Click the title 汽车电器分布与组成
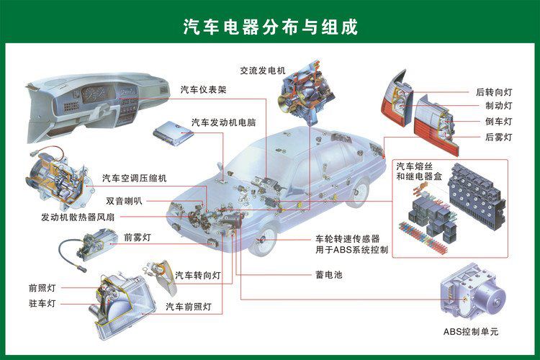pyautogui.click(x=270, y=27)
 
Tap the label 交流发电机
pyautogui.click(x=263, y=70)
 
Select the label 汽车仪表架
pyautogui.click(x=204, y=90)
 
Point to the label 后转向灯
pyautogui.click(x=494, y=92)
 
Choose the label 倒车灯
pyautogui.click(x=498, y=121)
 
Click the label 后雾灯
pyautogui.click(x=498, y=136)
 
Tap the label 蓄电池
pyautogui.click(x=328, y=274)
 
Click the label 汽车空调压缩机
pyautogui.click(x=135, y=178)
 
